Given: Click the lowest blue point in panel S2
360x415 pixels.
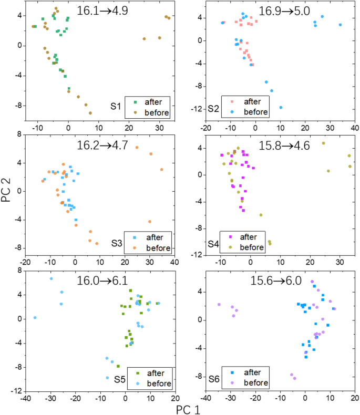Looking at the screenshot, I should [x=281, y=108].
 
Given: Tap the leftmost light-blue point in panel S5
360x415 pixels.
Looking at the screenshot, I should [x=35, y=318].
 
